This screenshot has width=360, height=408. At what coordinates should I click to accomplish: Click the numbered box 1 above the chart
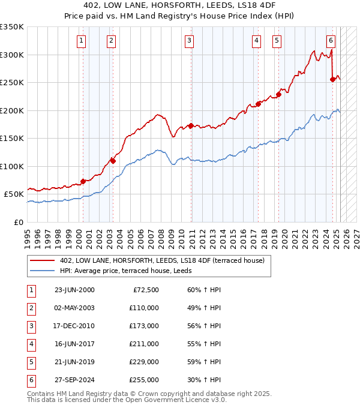pyautogui.click(x=82, y=41)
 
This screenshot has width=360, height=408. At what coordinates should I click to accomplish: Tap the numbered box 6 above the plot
pyautogui.click(x=331, y=41)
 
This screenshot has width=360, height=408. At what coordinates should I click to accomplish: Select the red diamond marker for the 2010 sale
pyautogui.click(x=190, y=126)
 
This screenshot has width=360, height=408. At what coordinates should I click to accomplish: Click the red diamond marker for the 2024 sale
pyautogui.click(x=333, y=80)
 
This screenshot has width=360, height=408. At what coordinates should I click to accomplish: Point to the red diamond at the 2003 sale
pyautogui.click(x=112, y=161)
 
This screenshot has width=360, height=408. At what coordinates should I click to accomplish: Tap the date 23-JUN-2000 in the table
pyautogui.click(x=74, y=290)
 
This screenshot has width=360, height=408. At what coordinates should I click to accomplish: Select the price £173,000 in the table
pyautogui.click(x=144, y=326)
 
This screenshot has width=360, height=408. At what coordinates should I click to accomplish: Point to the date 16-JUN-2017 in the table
pyautogui.click(x=74, y=344)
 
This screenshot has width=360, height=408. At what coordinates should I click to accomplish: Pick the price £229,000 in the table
pyautogui.click(x=144, y=362)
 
